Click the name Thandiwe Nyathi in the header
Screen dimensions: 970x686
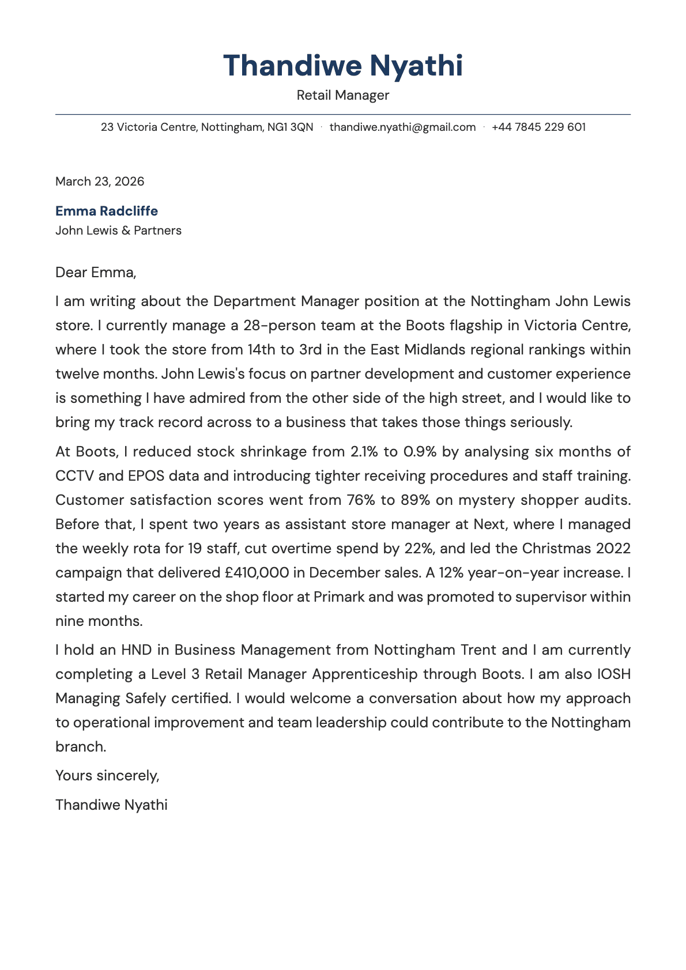pos(342,65)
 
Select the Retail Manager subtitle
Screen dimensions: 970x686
pos(342,95)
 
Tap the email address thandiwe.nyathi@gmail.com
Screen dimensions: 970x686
pos(402,127)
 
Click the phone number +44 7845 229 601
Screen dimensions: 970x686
pos(538,127)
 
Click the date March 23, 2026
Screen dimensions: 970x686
pos(100,182)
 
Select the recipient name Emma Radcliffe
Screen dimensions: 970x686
pos(107,211)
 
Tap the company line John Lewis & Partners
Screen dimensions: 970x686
pos(118,231)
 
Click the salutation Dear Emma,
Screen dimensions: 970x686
pos(96,272)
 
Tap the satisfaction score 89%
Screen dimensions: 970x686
pos(416,500)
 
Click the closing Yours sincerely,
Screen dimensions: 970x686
pos(107,776)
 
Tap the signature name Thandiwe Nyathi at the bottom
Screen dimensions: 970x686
pos(111,805)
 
